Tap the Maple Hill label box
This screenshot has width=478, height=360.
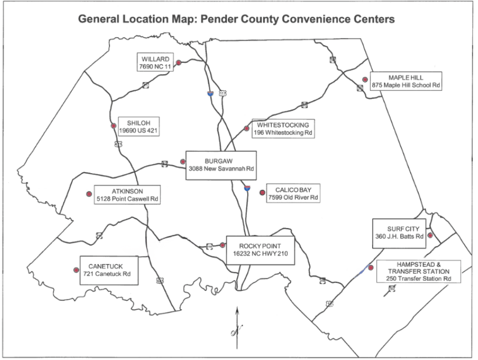click(405, 81)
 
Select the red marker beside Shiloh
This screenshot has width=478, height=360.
click(113, 126)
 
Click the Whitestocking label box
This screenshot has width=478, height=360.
click(283, 129)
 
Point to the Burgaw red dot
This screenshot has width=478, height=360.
click(183, 161)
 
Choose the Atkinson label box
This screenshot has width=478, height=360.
click(128, 195)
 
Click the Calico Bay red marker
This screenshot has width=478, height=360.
click(262, 192)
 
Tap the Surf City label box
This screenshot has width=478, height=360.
click(399, 233)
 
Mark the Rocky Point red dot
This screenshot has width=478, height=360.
click(223, 245)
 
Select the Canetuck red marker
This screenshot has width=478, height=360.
click(76, 270)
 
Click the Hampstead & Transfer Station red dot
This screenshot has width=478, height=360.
click(371, 268)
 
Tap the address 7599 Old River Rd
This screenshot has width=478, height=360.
click(293, 197)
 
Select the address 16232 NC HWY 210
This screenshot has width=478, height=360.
click(260, 253)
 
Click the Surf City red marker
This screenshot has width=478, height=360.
click(430, 235)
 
